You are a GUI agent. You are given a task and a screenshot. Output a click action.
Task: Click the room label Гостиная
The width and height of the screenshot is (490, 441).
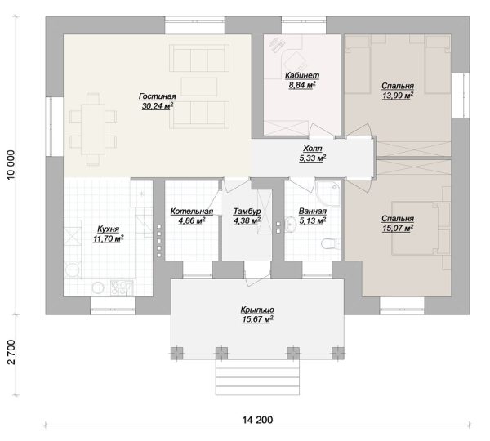coord(158,96)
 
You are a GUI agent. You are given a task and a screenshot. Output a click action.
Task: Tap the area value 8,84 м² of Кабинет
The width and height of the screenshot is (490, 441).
coord(302,85)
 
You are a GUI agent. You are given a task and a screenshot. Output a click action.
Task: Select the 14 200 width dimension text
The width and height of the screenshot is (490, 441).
coord(257,420)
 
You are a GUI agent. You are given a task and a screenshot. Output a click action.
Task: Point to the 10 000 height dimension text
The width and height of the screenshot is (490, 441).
coord(11,165)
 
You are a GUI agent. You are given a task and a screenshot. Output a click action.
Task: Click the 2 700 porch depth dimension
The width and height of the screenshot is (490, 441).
coord(11,352)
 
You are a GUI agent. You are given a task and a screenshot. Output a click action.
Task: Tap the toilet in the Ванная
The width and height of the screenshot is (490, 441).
coord(331,243)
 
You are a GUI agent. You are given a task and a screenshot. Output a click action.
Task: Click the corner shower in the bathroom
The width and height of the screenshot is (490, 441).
coord(327,194)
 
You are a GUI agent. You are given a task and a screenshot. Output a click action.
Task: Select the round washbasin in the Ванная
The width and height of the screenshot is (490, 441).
coord(291,225)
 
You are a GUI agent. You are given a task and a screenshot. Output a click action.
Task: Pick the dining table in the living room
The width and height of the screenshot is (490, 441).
coord(93,129)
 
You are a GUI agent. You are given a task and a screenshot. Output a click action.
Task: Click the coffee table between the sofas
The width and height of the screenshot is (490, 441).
coord(199,87)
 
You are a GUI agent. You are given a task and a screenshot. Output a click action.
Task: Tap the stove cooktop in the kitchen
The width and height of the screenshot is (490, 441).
coord(122,287)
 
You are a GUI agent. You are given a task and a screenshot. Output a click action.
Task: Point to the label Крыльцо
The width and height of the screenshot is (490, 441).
coord(257,310)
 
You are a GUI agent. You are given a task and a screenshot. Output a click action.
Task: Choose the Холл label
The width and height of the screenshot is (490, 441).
coord(313,149)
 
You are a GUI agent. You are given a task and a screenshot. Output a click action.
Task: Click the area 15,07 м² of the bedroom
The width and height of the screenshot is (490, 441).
coord(398,229)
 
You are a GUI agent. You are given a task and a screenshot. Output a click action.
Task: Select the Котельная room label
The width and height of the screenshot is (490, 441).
coord(192,212)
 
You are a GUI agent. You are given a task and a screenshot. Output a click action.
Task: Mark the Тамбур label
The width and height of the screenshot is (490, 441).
coord(247,212)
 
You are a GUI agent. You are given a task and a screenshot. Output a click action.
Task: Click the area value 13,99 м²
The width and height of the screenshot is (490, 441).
coord(398,96)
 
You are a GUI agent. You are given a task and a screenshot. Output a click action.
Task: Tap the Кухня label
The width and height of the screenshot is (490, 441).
coord(108,229)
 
